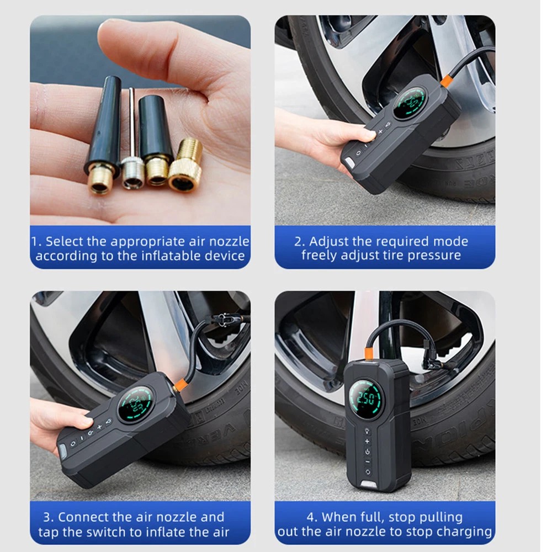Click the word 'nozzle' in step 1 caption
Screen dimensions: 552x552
(x=229, y=242)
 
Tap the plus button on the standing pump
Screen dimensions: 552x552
(x=368, y=441)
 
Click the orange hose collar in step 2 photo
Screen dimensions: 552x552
(x=447, y=81)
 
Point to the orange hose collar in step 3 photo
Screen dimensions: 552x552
(x=179, y=386)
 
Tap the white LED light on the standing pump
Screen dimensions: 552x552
(x=368, y=485)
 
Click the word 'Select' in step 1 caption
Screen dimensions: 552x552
(x=63, y=242)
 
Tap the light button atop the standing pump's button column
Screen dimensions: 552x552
(x=368, y=431)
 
